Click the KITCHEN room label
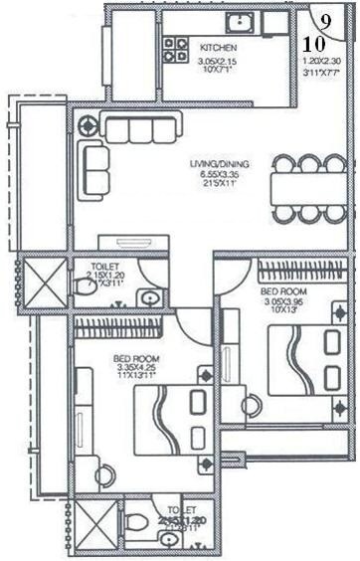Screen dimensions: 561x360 [218, 47]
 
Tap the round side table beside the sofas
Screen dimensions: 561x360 [89, 126]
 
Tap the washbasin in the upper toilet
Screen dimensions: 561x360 [150, 296]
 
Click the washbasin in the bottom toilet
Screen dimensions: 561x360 [165, 538]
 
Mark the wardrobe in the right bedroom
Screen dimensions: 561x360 [297, 271]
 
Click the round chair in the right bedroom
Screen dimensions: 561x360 [251, 405]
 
